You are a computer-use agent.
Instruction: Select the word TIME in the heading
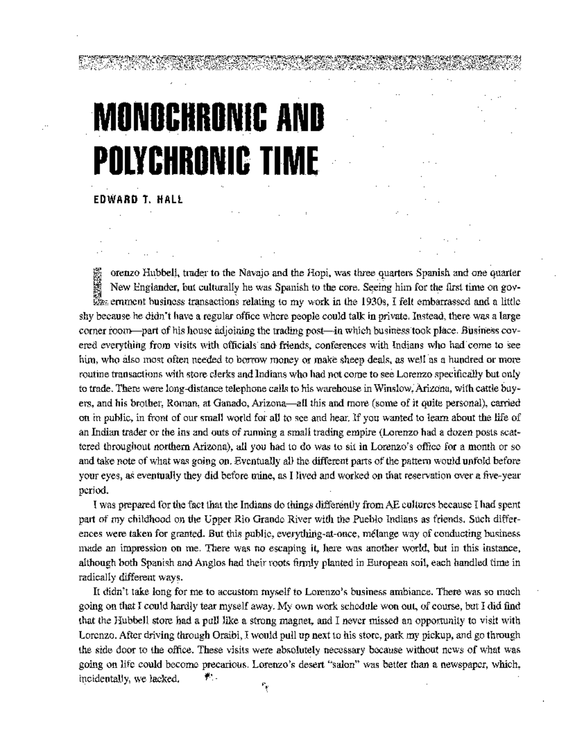point(287,158)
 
